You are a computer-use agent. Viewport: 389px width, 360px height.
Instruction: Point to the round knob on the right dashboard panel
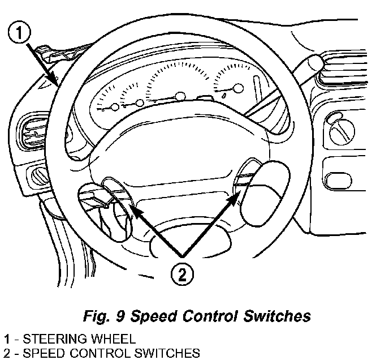[x=342, y=131]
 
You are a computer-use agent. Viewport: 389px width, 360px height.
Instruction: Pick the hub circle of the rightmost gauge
[x=238, y=88]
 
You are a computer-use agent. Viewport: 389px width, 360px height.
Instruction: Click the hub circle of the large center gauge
[x=180, y=97]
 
